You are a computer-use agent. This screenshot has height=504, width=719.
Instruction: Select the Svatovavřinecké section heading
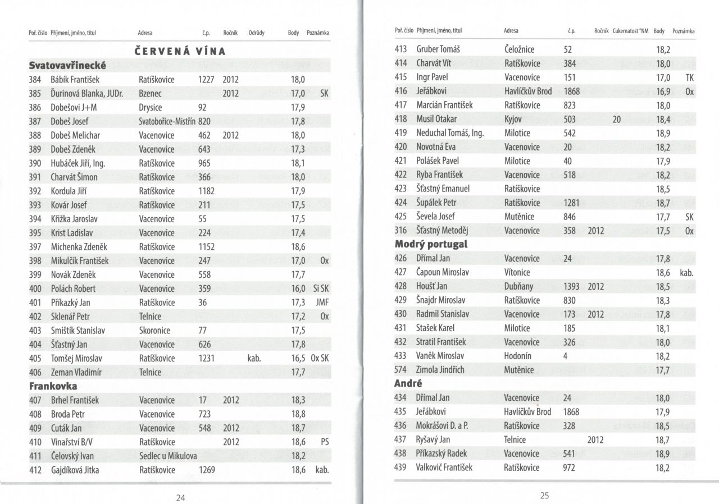tap(67, 66)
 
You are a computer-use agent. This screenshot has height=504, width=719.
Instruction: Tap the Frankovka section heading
tap(53, 386)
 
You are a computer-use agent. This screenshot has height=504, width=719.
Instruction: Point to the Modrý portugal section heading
tap(431, 244)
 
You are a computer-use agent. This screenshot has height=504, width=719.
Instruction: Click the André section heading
tap(408, 384)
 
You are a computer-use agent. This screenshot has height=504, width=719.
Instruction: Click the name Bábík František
tap(75, 80)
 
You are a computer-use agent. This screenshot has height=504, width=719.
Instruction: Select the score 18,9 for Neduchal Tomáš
tap(663, 133)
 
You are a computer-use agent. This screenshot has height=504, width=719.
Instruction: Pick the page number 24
tap(181, 497)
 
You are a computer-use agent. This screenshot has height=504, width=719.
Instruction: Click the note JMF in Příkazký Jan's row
tap(322, 303)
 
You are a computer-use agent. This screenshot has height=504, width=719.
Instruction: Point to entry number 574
tap(401, 369)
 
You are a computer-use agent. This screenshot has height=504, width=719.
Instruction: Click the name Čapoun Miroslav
tap(443, 272)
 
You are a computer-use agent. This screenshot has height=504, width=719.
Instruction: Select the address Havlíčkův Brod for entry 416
tap(528, 91)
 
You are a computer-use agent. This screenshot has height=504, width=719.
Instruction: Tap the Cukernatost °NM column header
tap(630, 31)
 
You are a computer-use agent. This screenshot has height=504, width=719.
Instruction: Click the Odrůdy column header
tap(256, 33)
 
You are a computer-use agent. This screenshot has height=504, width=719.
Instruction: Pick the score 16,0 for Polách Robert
tap(298, 288)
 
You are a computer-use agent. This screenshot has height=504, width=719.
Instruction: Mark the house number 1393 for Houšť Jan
tap(571, 286)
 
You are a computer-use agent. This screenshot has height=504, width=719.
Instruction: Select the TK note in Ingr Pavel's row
tap(690, 77)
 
